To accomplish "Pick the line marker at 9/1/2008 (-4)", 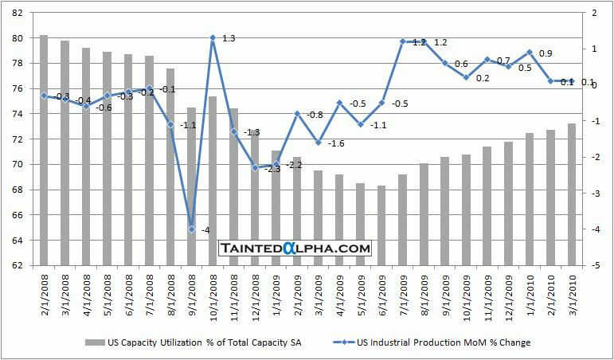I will (x=191, y=229).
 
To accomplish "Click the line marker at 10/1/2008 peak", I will (x=213, y=37).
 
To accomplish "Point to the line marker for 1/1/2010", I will (x=530, y=53).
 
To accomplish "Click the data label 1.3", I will (x=228, y=38).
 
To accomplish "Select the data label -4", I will (x=205, y=230).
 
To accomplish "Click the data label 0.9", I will (x=546, y=53).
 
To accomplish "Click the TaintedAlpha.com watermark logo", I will (x=295, y=248).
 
